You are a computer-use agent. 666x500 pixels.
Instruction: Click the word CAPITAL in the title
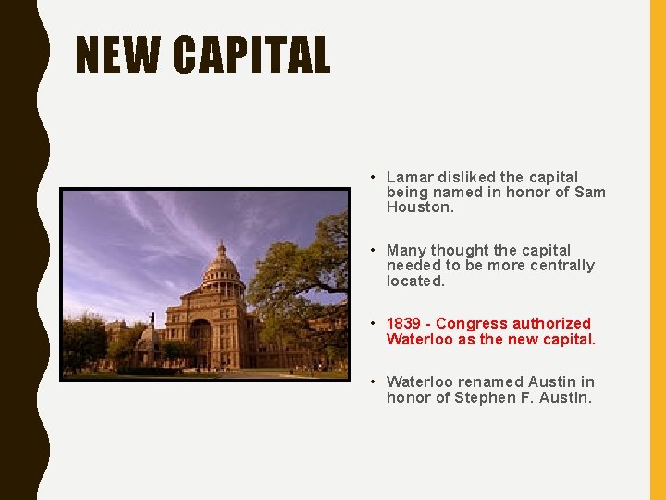pyautogui.click(x=251, y=55)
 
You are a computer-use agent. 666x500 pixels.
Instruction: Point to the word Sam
pyautogui.click(x=590, y=192)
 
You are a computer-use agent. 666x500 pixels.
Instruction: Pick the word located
pyautogui.click(x=415, y=281)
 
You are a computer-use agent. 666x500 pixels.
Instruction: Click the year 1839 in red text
pyautogui.click(x=403, y=323)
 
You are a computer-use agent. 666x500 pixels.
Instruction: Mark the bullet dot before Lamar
pyautogui.click(x=371, y=177)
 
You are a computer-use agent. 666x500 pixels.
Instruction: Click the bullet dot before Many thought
pyautogui.click(x=371, y=250)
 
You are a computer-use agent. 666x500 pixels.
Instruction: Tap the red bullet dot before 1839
pyautogui.click(x=371, y=323)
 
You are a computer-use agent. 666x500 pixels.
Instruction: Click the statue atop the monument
pyautogui.click(x=152, y=318)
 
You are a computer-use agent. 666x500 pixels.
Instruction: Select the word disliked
pyautogui.click(x=464, y=177)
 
